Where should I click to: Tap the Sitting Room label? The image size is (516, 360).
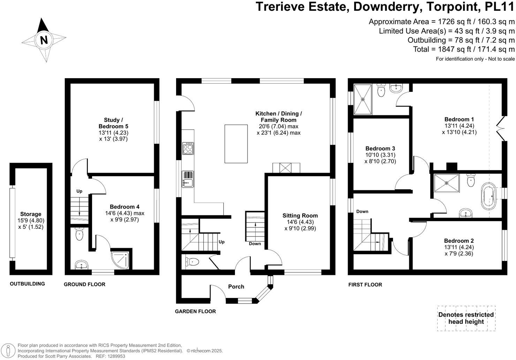click(x=300, y=216)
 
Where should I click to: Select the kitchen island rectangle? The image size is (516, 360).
click(x=236, y=143)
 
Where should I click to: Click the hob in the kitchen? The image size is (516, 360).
click(x=188, y=148)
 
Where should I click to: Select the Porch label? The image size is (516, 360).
click(x=236, y=286)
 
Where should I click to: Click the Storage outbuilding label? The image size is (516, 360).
click(x=31, y=214)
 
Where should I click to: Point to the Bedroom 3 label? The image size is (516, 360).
click(x=380, y=149)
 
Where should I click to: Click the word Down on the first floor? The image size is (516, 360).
click(x=362, y=211)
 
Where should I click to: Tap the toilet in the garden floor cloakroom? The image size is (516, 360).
click(x=192, y=262)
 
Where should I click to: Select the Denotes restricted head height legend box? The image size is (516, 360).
click(x=466, y=318)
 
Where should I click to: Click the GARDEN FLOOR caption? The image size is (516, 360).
click(x=195, y=311)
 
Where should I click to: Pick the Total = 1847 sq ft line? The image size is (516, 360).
click(x=464, y=49)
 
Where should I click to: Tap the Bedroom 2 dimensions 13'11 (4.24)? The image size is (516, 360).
click(x=459, y=247)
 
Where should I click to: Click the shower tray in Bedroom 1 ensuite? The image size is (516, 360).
click(x=363, y=99)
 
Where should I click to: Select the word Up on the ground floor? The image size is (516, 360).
click(x=79, y=191)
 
